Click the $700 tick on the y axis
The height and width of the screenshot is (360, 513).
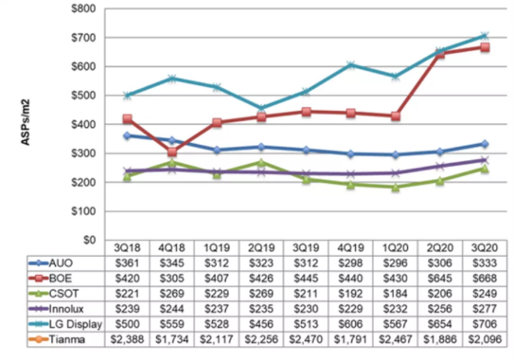pos(82,38)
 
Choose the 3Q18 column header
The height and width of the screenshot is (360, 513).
pos(126,247)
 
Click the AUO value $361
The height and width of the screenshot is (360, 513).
pos(126,262)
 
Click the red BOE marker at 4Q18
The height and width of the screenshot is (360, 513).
pos(172,152)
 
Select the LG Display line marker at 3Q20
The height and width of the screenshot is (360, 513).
pos(485,36)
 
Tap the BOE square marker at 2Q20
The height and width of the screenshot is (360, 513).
pos(440,54)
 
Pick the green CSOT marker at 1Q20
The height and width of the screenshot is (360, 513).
pos(395,187)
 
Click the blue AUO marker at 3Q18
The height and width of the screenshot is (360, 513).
pos(127,136)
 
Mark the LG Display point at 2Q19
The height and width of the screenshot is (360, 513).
pos(261,108)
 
